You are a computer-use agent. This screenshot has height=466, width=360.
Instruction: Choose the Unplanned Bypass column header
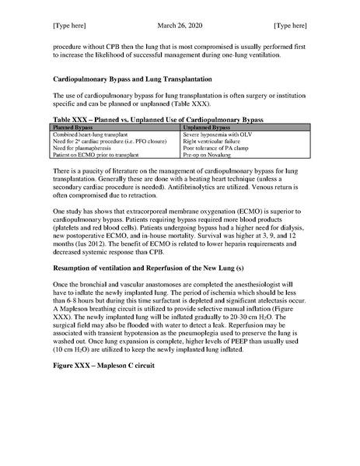click(x=209, y=125)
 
